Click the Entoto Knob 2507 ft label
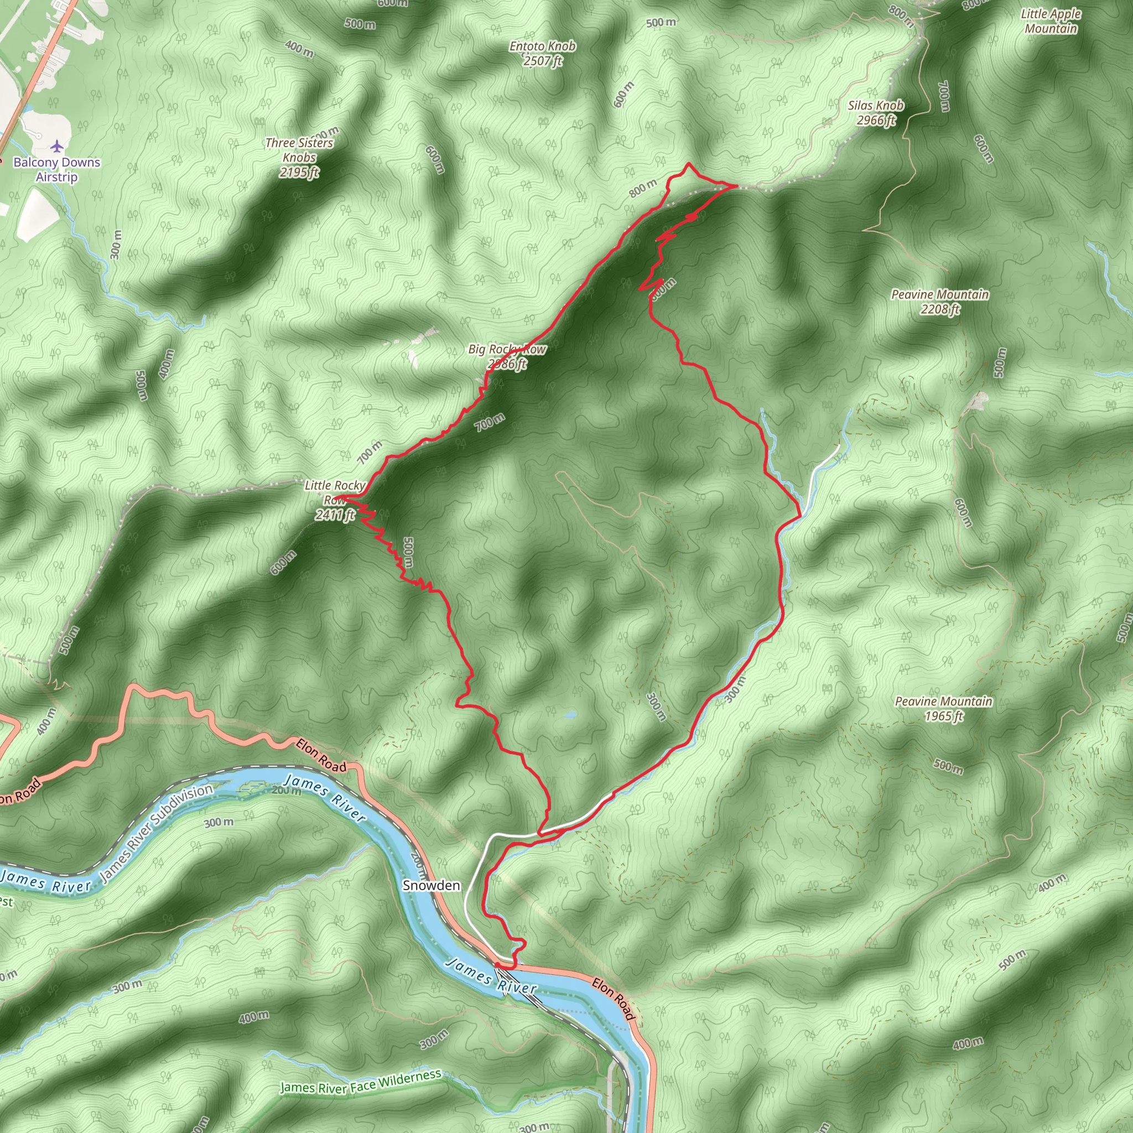[x=543, y=53]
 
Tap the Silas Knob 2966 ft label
[x=876, y=113]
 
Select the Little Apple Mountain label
[x=1051, y=21]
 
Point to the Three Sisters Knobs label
[x=299, y=157]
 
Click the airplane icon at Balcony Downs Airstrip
[x=56, y=145]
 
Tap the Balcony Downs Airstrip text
[x=57, y=169]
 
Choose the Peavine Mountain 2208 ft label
[x=940, y=302]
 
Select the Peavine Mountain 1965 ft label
[x=943, y=709]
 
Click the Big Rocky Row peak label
[x=507, y=357]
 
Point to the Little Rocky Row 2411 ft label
[x=335, y=500]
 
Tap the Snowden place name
[x=431, y=886]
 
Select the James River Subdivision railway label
[x=157, y=833]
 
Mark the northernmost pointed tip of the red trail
[x=688, y=164]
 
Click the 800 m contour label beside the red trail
[x=643, y=188]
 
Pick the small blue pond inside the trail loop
[x=569, y=715]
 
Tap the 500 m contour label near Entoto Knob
[x=661, y=23]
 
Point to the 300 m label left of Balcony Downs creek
[x=116, y=245]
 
